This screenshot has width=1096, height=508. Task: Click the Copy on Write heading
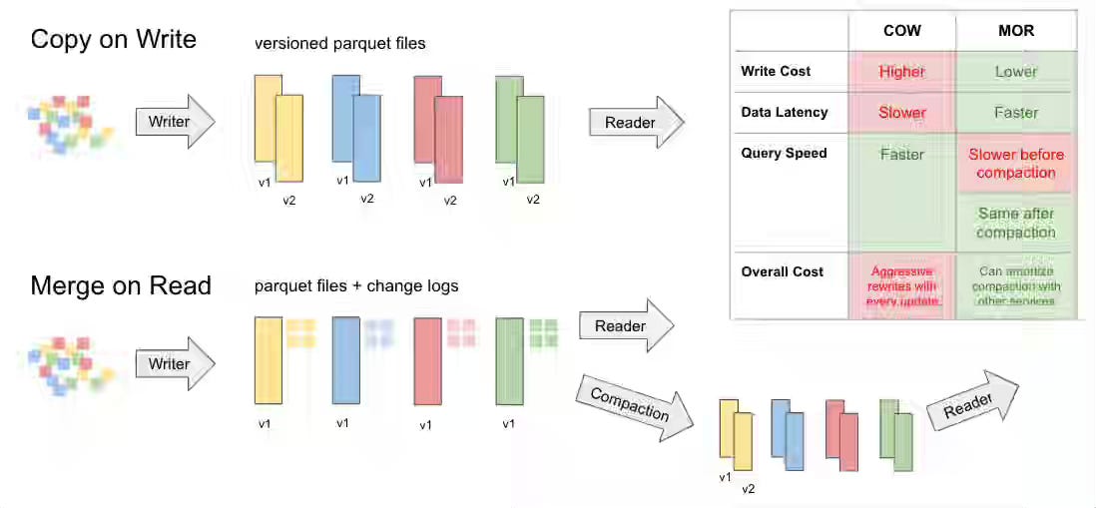pos(113,40)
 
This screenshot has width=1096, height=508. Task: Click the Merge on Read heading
pos(121,286)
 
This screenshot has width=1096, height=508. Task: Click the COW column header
pos(901,32)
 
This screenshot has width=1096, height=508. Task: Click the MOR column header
pos(1016,32)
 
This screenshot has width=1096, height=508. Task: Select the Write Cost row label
pos(776,72)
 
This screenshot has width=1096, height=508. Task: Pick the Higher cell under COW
pos(901,72)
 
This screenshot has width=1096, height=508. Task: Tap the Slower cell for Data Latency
pos(901,113)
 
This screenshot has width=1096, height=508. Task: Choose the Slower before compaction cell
pos(1016,164)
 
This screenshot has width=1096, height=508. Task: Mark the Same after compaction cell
pos(1016,223)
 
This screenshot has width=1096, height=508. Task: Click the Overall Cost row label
pos(782,271)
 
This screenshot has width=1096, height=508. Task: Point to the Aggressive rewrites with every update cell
pos(901,286)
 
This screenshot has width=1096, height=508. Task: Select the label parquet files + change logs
pos(356,286)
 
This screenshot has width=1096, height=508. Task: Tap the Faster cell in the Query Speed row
pos(901,155)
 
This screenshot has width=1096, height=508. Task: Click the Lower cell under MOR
pos(1016,72)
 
